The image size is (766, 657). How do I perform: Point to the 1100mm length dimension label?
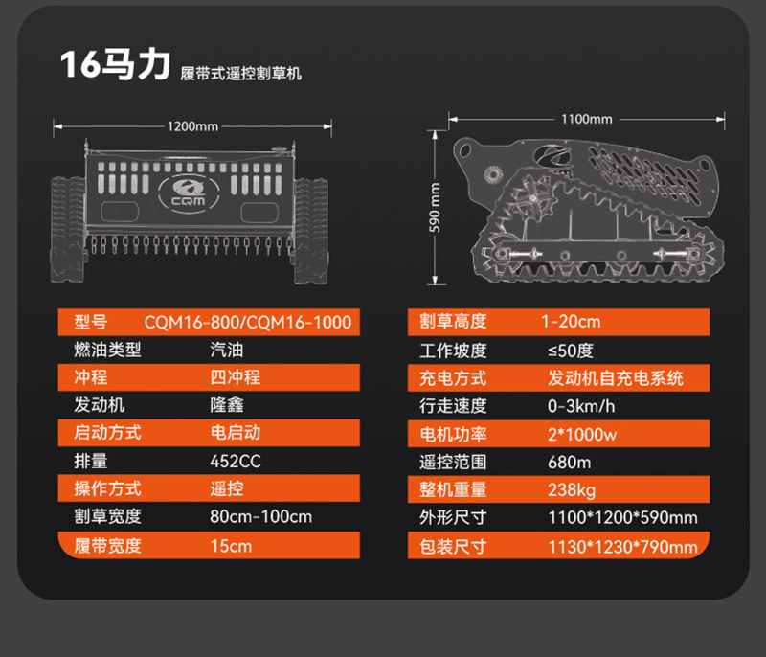pyautogui.click(x=586, y=119)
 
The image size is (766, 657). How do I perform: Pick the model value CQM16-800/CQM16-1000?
pyautogui.click(x=247, y=322)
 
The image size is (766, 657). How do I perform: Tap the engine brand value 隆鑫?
pyautogui.click(x=226, y=405)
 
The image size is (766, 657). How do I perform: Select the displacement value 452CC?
pyautogui.click(x=236, y=461)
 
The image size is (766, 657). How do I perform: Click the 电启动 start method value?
pyautogui.click(x=236, y=433)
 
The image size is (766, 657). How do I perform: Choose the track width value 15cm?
pyautogui.click(x=232, y=545)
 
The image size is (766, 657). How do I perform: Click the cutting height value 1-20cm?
pyautogui.click(x=571, y=322)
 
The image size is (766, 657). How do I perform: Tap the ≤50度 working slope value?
pyautogui.click(x=571, y=350)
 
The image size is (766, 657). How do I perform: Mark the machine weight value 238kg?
pyautogui.click(x=572, y=489)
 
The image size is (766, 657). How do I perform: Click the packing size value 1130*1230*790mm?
pyautogui.click(x=622, y=547)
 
